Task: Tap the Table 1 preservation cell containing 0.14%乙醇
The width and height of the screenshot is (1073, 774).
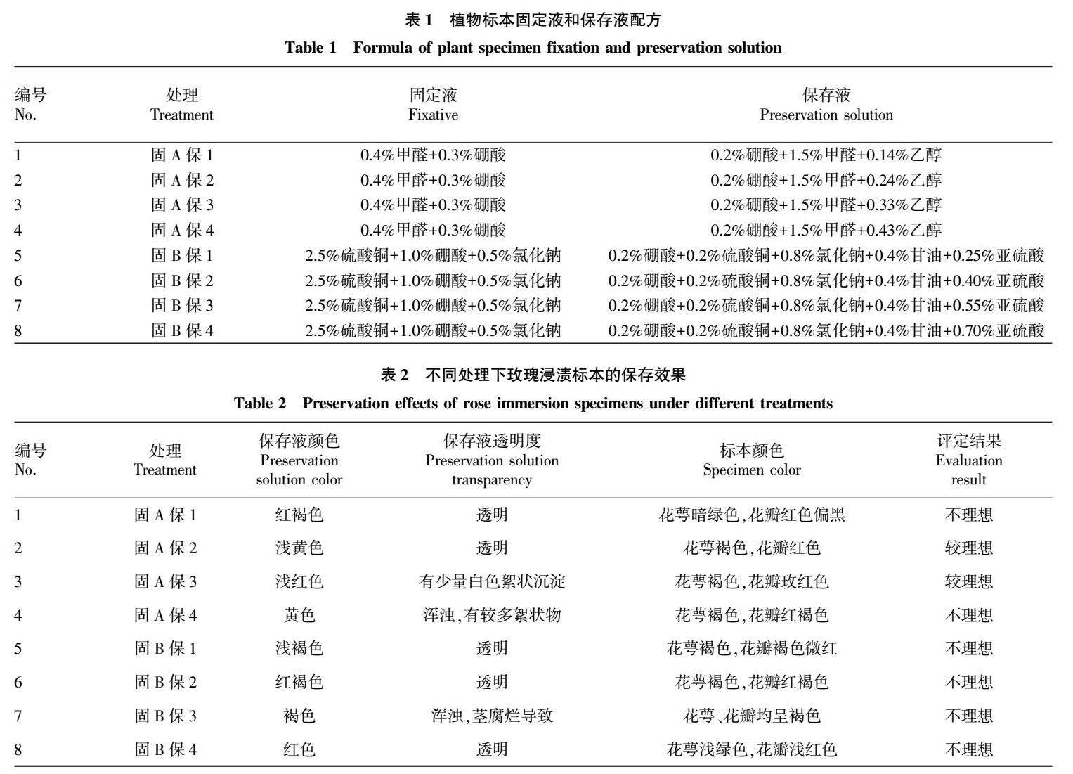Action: [x=826, y=155]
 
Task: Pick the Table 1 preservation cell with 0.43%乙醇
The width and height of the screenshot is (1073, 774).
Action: [x=826, y=230]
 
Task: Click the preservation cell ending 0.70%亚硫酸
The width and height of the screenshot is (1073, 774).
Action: [x=826, y=330]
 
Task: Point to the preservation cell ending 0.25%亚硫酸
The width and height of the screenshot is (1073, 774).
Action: [x=826, y=255]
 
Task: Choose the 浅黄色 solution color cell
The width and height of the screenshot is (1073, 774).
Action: [x=299, y=548]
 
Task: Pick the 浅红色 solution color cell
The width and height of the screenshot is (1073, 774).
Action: [x=299, y=581]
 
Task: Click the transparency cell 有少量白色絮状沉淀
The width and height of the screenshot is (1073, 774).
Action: [x=491, y=581]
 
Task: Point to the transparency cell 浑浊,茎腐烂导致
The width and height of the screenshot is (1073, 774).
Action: [x=491, y=716]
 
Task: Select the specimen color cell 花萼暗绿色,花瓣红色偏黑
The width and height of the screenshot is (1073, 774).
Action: [x=751, y=515]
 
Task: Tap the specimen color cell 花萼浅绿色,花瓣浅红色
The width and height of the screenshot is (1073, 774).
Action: [x=751, y=749]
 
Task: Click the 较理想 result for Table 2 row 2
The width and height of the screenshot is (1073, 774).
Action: [x=968, y=548]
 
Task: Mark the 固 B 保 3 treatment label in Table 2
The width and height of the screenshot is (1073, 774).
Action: [x=165, y=716]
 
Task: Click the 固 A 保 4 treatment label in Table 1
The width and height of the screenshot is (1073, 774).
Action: [x=182, y=230]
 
